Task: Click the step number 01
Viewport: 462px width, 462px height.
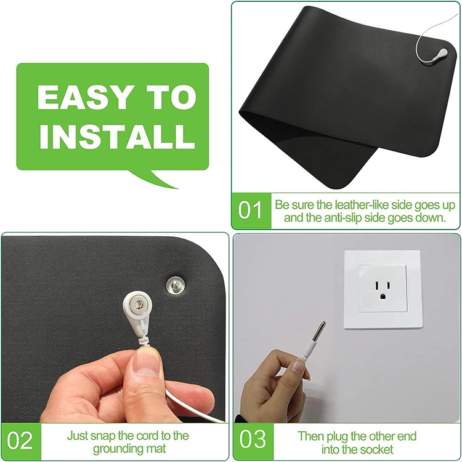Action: coord(250,211)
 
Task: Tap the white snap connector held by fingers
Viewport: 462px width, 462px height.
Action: coord(140,306)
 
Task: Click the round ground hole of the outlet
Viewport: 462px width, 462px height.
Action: coord(383,296)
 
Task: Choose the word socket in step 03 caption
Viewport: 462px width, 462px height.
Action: coord(379,450)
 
